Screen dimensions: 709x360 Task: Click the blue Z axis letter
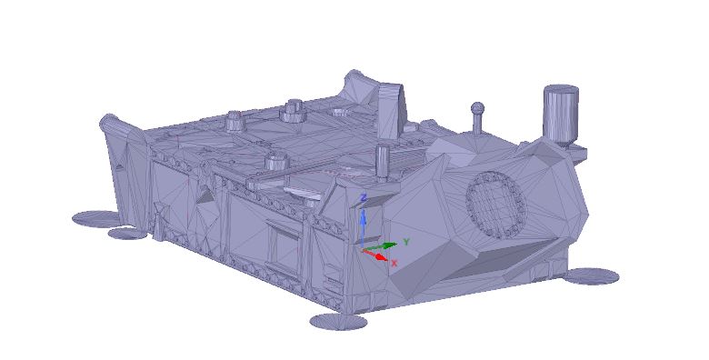click(362, 198)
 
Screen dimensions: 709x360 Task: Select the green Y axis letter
click(406, 242)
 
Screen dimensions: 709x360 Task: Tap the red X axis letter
click(394, 263)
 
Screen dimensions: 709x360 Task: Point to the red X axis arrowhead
click(382, 257)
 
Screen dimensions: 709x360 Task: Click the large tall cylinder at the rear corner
click(561, 114)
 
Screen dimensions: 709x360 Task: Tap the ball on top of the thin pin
click(477, 108)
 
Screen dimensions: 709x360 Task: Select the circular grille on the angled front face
click(496, 204)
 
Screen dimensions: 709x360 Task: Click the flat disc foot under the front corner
click(339, 322)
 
